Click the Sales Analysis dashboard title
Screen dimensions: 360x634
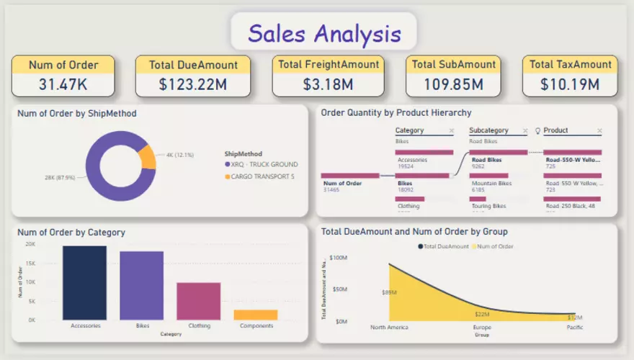click(x=323, y=33)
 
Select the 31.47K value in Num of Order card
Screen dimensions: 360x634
click(x=63, y=84)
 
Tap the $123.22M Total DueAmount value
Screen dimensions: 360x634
click(x=193, y=84)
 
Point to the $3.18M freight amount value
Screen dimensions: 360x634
click(x=328, y=84)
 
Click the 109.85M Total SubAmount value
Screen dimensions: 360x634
click(x=453, y=84)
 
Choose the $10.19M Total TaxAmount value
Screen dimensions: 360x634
click(x=570, y=84)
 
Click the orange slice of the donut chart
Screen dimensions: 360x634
click(x=147, y=157)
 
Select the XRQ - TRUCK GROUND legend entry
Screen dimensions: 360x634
click(x=263, y=164)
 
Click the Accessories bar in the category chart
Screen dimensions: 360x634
click(x=85, y=282)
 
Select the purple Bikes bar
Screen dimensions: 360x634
click(x=141, y=285)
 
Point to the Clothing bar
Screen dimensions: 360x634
click(x=198, y=301)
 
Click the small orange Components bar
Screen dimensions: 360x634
click(x=256, y=315)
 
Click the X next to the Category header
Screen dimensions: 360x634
click(x=451, y=131)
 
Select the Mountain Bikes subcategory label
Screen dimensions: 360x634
click(x=491, y=184)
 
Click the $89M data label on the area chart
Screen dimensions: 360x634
click(x=390, y=292)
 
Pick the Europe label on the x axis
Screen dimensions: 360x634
click(x=483, y=328)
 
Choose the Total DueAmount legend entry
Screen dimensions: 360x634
click(x=445, y=246)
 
